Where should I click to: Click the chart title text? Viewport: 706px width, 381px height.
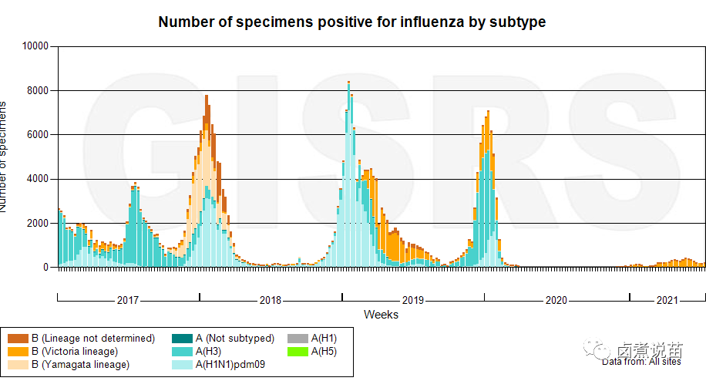(351, 22)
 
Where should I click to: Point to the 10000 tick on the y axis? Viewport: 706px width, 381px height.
(34, 46)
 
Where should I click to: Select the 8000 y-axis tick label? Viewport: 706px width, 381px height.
(37, 91)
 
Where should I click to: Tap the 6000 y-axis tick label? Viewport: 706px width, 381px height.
(37, 135)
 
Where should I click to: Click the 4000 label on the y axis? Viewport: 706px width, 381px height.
(37, 180)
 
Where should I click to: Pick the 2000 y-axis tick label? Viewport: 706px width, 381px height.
(37, 224)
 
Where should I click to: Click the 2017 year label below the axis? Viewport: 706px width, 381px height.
(128, 300)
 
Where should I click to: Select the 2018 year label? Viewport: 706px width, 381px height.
(271, 300)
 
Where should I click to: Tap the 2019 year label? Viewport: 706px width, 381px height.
(413, 300)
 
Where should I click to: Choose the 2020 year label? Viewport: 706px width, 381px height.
(556, 300)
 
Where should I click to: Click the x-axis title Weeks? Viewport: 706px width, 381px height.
(381, 315)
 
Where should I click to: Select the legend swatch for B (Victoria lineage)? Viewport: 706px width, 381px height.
(18, 352)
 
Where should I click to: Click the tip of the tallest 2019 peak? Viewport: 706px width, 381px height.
(348, 82)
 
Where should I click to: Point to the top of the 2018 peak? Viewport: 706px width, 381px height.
(207, 96)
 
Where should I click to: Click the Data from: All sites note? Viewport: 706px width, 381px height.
(641, 361)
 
